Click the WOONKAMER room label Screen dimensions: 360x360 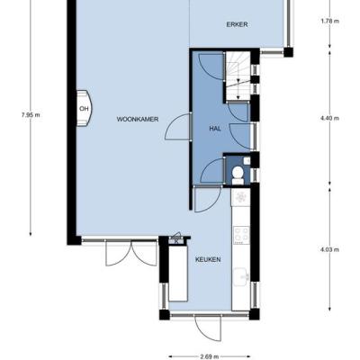pos(138,119)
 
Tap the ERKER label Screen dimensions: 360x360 pos(237,24)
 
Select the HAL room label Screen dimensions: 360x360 pos(215,129)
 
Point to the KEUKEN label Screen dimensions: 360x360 pos(208,259)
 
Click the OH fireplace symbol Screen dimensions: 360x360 pos(84,109)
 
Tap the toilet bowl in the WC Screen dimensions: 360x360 pos(238,175)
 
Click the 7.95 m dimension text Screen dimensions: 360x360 pos(31,115)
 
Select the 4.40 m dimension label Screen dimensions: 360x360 pos(329,118)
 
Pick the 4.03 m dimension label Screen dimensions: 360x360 pos(329,249)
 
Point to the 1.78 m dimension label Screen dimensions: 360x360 pos(329,22)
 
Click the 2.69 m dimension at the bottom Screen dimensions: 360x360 pos(210,356)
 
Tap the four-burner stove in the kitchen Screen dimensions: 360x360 pos(242,235)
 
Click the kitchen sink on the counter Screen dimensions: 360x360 pos(241,276)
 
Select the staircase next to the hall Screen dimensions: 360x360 pos(238,76)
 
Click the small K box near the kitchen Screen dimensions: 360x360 pos(176,241)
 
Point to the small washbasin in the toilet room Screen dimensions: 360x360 pos(247,161)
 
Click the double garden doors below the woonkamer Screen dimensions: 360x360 pos(131,254)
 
